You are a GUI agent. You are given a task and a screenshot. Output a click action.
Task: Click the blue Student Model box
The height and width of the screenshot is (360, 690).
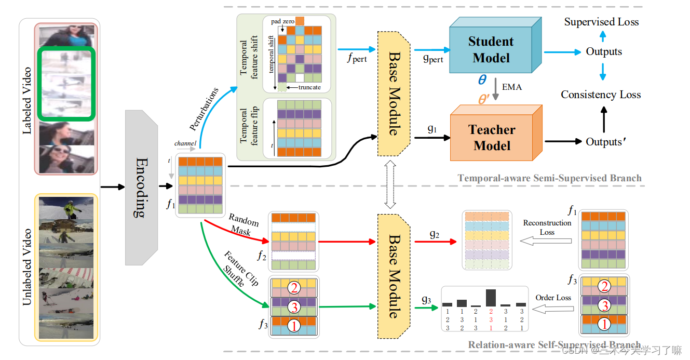tap(490, 50)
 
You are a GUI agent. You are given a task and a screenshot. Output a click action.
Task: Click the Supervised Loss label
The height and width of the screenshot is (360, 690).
tap(601, 22)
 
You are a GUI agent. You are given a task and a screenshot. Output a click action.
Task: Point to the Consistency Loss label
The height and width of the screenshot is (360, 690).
tap(601, 95)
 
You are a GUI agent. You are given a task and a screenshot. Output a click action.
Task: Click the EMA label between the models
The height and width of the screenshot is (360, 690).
tap(511, 87)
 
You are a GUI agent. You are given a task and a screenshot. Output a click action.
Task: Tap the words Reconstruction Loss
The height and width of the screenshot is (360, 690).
tap(547, 228)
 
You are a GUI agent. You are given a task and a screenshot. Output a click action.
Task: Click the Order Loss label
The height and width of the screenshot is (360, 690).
tap(553, 298)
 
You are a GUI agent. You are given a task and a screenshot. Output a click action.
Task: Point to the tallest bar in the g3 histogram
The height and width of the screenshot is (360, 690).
tap(491, 298)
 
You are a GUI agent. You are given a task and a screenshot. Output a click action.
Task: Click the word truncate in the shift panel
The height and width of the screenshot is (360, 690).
tap(309, 87)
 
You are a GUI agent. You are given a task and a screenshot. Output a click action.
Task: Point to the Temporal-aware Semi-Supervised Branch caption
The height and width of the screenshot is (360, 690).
tap(549, 178)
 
